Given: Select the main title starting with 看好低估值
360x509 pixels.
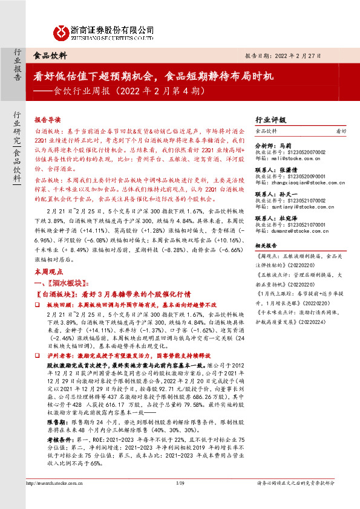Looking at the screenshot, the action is [x=154, y=76].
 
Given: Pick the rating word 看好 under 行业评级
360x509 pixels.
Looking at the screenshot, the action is [x=341, y=131].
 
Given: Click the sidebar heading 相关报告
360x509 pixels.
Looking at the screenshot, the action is [x=266, y=247].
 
